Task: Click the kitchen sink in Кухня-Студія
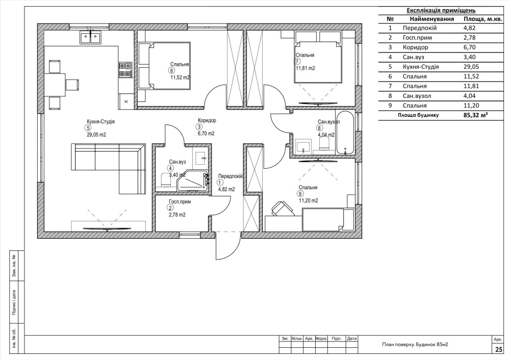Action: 90,37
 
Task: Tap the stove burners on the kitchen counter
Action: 125,70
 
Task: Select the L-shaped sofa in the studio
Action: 109,169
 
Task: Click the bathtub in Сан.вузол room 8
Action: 344,133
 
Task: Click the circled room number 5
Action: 88,128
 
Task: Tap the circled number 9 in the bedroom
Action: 299,194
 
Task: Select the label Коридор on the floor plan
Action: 207,120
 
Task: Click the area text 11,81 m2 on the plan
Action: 305,68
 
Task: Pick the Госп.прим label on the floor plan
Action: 180,201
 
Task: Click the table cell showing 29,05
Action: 471,67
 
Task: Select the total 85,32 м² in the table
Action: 476,115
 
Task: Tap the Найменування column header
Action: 431,19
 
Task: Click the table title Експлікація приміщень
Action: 441,10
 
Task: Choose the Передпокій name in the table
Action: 420,28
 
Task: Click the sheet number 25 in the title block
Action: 498,349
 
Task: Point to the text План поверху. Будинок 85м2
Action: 415,344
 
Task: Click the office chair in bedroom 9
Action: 280,208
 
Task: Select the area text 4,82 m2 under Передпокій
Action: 226,189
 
